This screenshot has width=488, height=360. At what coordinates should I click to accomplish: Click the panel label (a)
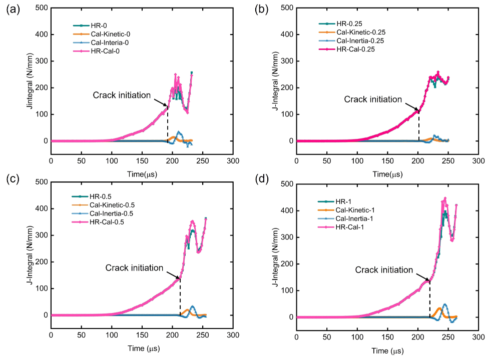click(12, 9)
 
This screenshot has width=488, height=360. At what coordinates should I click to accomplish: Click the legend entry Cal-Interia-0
click(108, 42)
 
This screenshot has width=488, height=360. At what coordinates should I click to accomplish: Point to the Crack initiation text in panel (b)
click(373, 99)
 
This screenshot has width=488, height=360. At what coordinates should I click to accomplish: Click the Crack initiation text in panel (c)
click(134, 268)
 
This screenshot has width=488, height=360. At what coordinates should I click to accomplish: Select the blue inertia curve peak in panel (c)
click(191, 306)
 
